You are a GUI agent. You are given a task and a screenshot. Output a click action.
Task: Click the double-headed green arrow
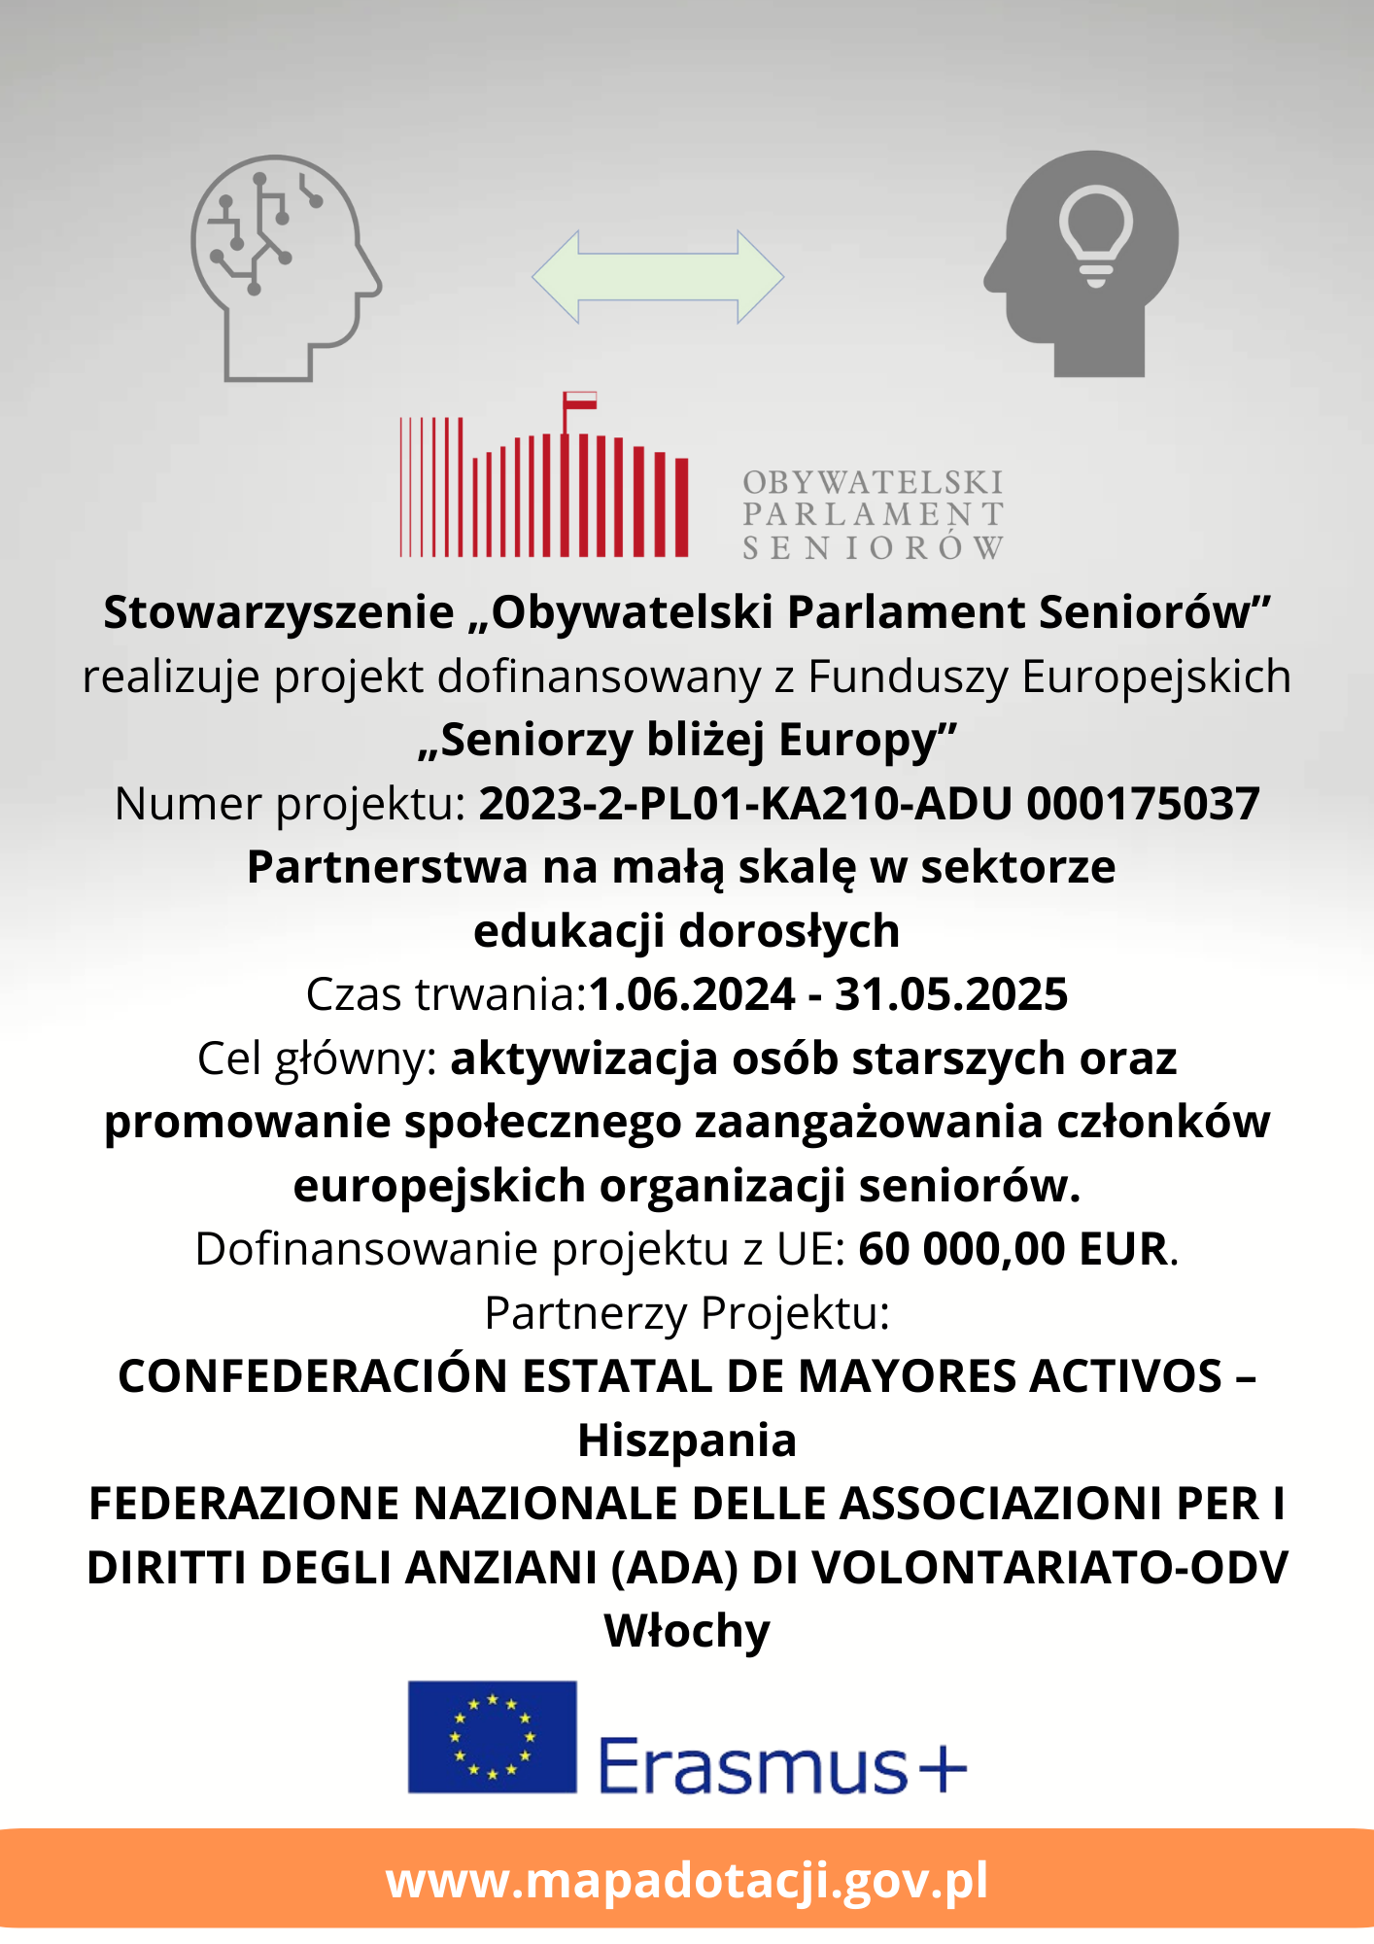(658, 276)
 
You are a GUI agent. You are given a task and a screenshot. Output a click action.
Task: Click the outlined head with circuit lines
(282, 267)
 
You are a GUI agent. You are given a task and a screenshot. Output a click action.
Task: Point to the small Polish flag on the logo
(580, 400)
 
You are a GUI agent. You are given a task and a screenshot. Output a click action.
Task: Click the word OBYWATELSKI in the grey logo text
(872, 482)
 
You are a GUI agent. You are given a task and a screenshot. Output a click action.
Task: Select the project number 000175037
(1143, 804)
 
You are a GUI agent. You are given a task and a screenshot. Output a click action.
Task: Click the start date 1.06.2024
(692, 994)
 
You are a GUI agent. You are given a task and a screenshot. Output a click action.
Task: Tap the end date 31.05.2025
(951, 994)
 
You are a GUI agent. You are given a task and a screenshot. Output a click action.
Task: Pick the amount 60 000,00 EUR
(1013, 1249)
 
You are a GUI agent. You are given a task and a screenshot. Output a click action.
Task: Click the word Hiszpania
(687, 1440)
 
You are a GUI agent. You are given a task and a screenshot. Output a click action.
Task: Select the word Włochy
(687, 1630)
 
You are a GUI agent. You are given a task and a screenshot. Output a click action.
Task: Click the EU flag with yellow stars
(492, 1737)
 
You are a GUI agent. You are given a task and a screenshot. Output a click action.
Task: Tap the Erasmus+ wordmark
(782, 1764)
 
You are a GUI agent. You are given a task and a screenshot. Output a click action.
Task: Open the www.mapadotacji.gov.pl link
(687, 1880)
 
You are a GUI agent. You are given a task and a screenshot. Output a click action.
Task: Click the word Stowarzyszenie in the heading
(279, 612)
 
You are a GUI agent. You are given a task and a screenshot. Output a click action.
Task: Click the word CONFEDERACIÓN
(313, 1376)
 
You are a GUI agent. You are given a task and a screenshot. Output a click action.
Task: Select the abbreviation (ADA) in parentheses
(673, 1567)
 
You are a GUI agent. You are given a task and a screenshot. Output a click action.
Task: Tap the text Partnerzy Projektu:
(687, 1313)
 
